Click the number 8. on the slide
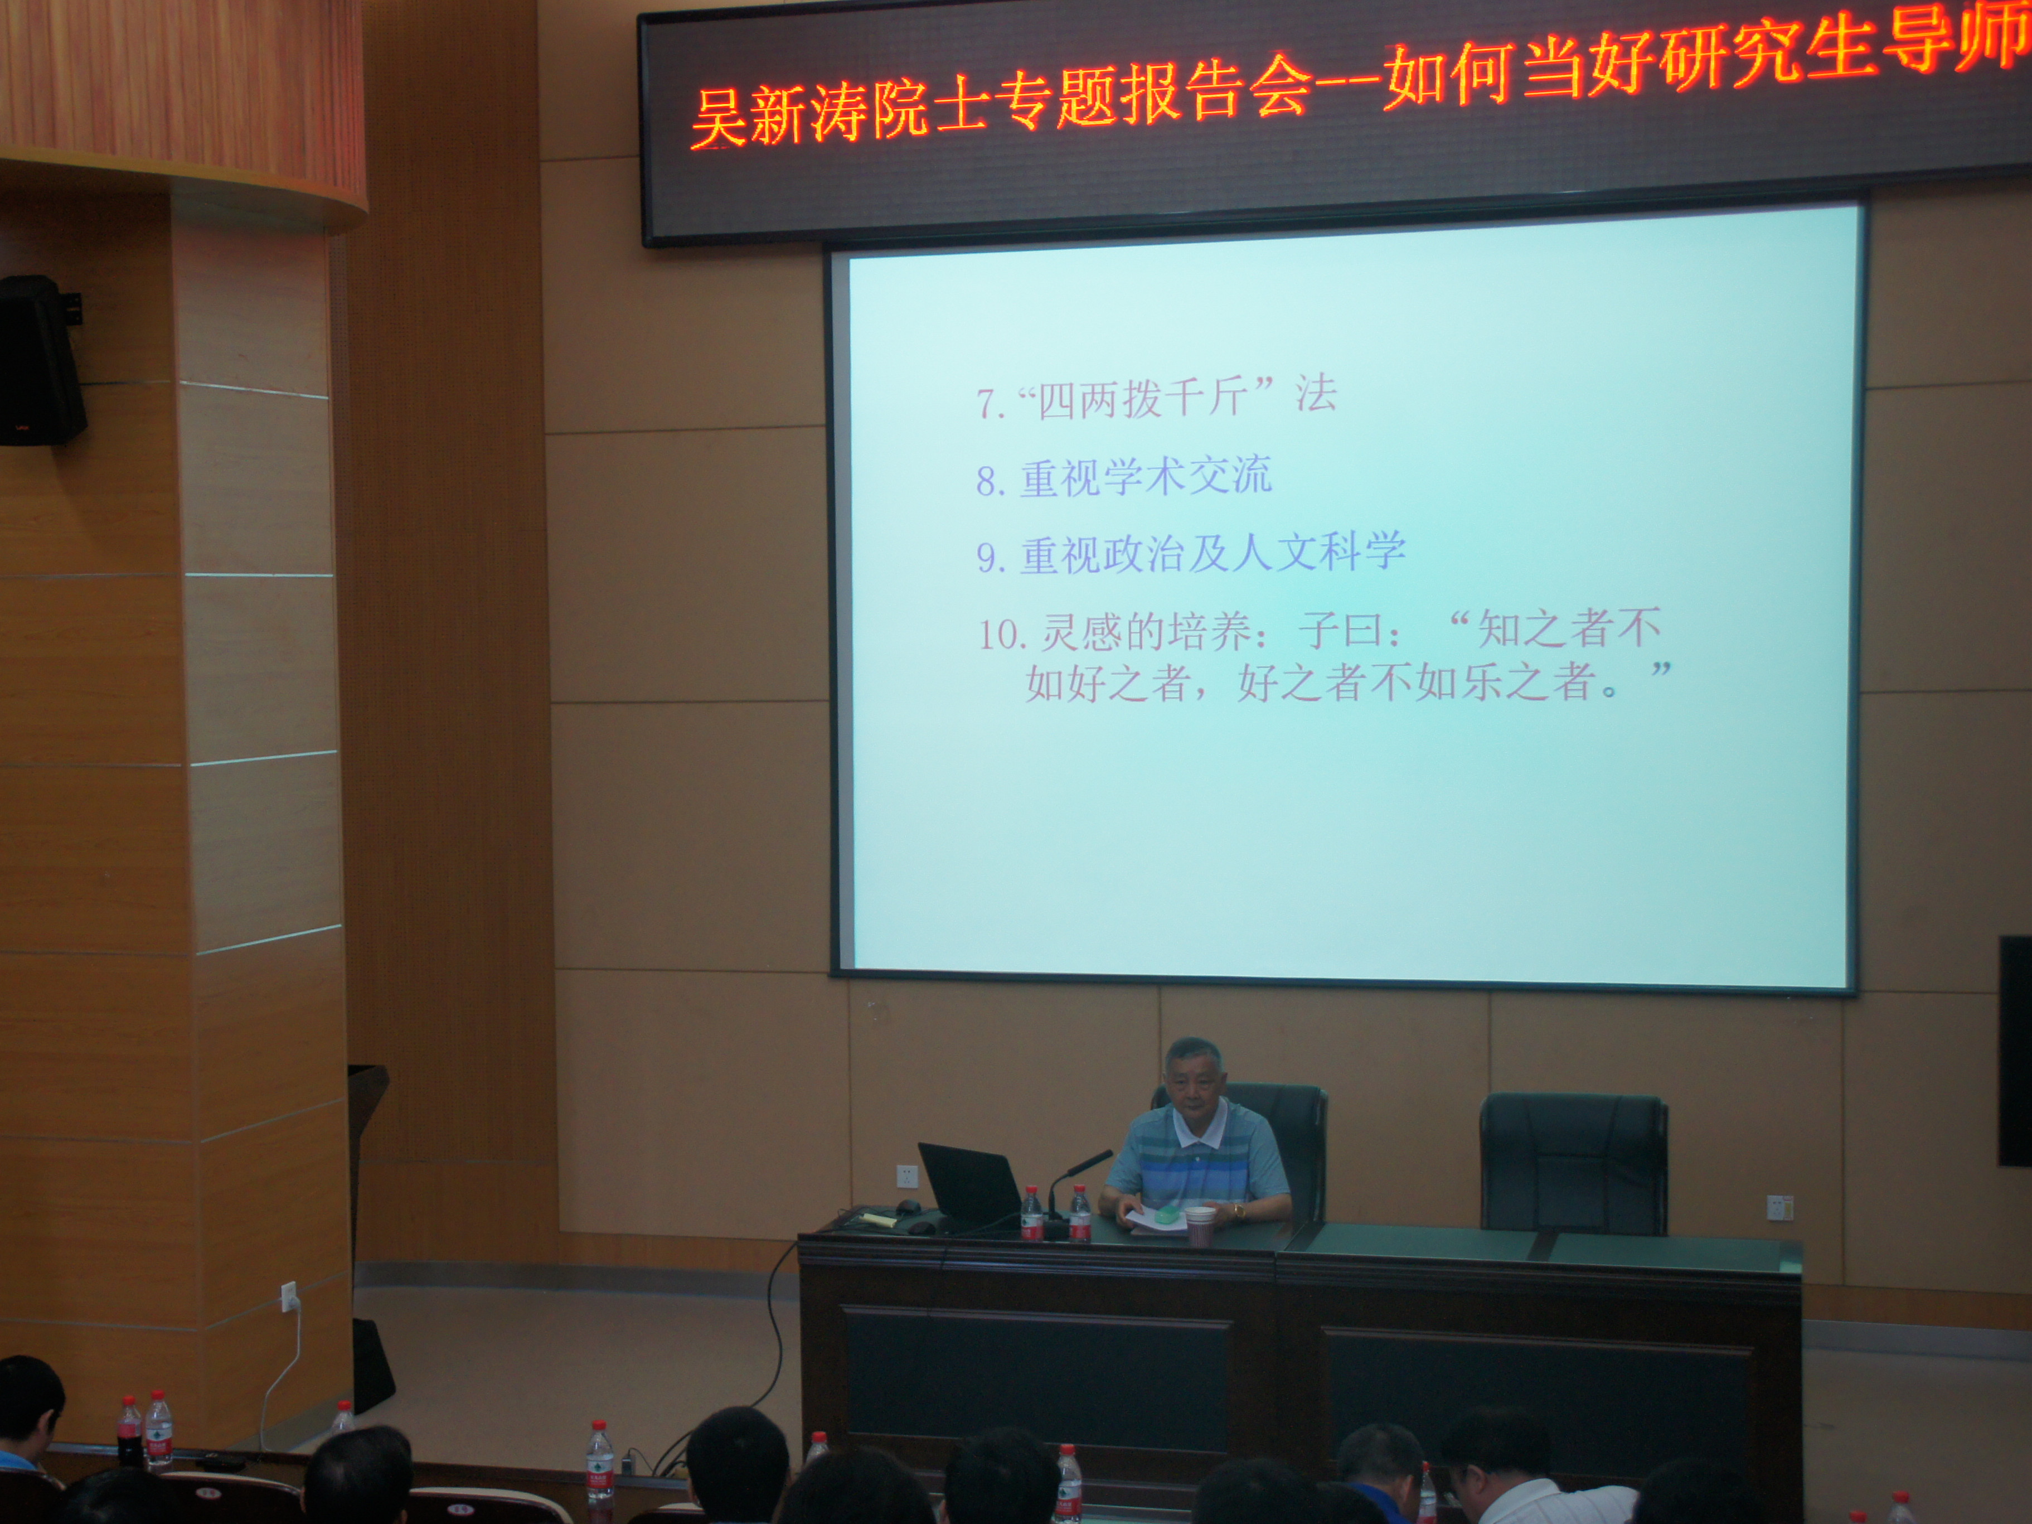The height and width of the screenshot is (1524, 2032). point(992,481)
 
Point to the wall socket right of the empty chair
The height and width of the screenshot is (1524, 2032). point(1779,1207)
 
